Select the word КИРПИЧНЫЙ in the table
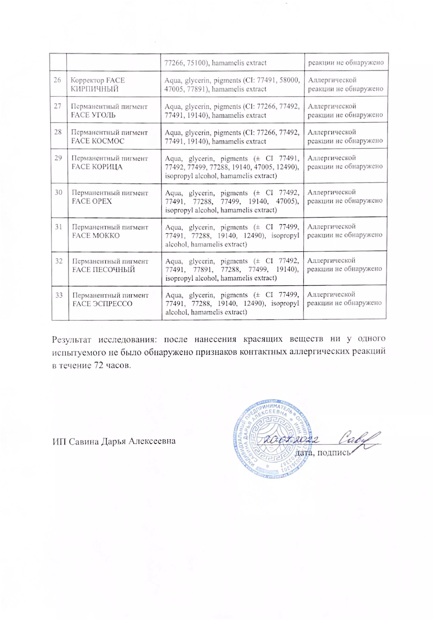pos(95,89)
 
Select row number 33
pos(59,295)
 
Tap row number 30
pos(59,193)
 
